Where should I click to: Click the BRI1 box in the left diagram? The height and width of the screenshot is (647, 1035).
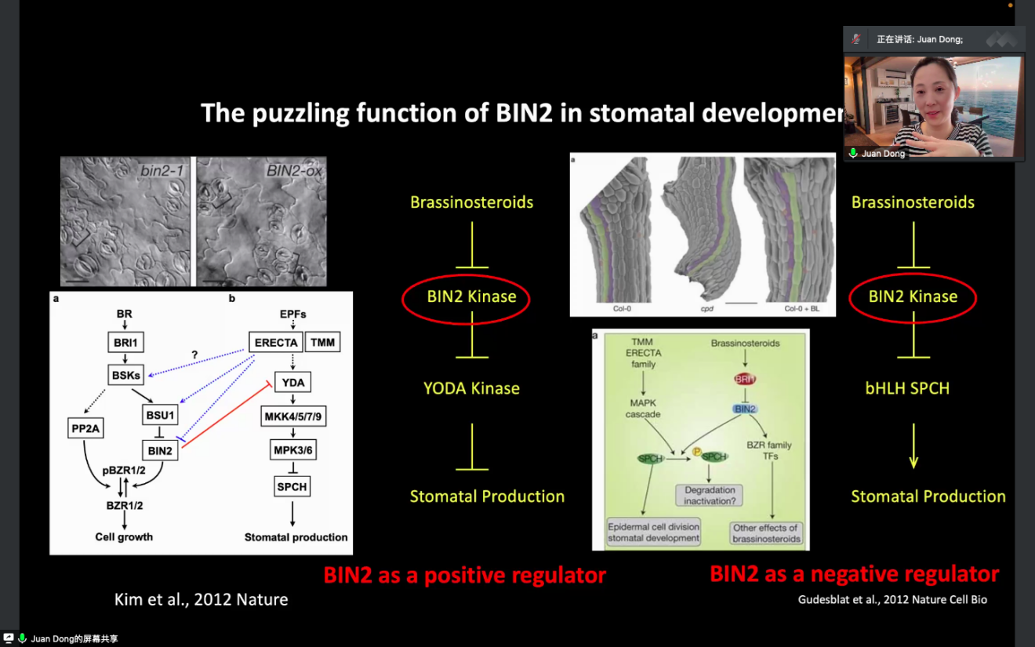[125, 342]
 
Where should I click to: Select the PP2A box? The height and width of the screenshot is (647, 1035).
[86, 428]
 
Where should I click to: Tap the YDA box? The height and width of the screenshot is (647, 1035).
[292, 382]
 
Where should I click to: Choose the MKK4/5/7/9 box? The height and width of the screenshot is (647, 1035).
[292, 416]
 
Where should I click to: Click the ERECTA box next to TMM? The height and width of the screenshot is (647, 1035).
[276, 343]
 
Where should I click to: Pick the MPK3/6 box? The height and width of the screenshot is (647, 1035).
[293, 450]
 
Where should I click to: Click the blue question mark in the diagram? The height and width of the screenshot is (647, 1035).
[194, 355]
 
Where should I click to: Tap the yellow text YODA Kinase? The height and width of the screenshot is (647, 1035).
[471, 388]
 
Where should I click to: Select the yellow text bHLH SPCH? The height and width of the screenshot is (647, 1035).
[907, 388]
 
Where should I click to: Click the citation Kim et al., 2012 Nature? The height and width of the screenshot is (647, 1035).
[202, 600]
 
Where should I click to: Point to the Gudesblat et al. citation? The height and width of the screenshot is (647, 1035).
[892, 600]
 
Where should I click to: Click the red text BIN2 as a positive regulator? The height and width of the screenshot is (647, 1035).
[464, 576]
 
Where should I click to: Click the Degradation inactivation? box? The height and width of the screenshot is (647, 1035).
[710, 496]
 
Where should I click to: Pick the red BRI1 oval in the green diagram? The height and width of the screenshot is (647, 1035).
[745, 379]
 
